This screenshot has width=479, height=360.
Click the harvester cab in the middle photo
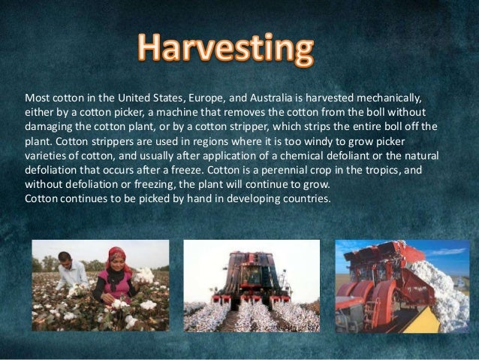[x=252, y=263]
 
